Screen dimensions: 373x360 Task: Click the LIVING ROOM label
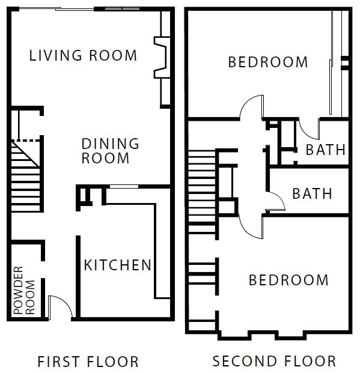[84, 56]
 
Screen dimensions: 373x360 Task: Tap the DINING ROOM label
[110, 151]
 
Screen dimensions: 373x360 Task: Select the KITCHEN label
[117, 265]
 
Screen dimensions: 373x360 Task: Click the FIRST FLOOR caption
[88, 362]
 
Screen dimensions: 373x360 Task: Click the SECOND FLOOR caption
[274, 362]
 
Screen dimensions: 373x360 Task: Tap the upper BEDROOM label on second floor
[268, 62]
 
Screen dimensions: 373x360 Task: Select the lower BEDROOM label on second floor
[288, 280]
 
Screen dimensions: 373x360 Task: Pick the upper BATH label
[326, 150]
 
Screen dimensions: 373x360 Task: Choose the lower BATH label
[312, 194]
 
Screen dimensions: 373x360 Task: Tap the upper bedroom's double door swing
[251, 108]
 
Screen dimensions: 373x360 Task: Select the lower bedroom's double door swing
[251, 226]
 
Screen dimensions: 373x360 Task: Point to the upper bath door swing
[309, 128]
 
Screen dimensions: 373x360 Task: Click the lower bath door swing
[275, 202]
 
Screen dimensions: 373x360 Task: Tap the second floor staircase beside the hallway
[201, 192]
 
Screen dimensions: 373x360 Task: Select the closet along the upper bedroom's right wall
[339, 63]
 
